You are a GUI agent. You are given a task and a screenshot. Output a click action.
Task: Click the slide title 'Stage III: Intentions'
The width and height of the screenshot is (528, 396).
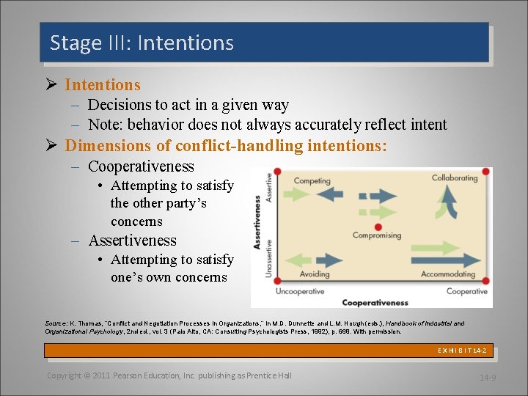pyautogui.click(x=142, y=43)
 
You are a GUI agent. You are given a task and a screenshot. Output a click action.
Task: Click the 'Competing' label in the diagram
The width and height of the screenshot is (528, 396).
pyautogui.click(x=312, y=180)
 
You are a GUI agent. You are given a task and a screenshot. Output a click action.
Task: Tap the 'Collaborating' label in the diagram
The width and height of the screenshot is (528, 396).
pyautogui.click(x=454, y=178)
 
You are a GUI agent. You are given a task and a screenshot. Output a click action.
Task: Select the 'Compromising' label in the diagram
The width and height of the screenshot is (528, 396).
pyautogui.click(x=377, y=235)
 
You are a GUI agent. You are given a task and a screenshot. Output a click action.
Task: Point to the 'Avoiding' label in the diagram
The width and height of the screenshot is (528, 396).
pyautogui.click(x=315, y=274)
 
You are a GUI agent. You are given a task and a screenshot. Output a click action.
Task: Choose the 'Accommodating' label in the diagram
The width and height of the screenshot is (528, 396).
pyautogui.click(x=448, y=274)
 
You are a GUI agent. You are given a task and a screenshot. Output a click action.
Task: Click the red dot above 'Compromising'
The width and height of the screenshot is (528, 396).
pyautogui.click(x=378, y=227)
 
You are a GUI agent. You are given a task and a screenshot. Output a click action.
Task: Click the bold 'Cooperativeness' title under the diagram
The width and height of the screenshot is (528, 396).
pyautogui.click(x=375, y=301)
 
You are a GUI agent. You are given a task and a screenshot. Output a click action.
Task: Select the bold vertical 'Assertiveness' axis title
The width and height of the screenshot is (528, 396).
pyautogui.click(x=257, y=221)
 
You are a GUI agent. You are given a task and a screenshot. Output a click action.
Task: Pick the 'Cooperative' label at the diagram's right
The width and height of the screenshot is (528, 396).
pyautogui.click(x=466, y=291)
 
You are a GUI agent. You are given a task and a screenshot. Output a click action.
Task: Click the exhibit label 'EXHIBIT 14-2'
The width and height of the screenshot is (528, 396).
pyautogui.click(x=462, y=351)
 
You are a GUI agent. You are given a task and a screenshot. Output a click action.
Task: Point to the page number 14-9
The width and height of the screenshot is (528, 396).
pyautogui.click(x=488, y=378)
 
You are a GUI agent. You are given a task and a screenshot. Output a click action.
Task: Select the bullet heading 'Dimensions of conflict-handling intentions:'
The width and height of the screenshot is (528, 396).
pyautogui.click(x=226, y=146)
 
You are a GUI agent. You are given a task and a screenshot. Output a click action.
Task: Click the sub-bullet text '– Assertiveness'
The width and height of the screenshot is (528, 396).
pyautogui.click(x=132, y=241)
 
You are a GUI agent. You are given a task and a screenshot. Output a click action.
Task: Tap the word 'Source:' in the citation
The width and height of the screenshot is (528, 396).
pyautogui.click(x=56, y=323)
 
